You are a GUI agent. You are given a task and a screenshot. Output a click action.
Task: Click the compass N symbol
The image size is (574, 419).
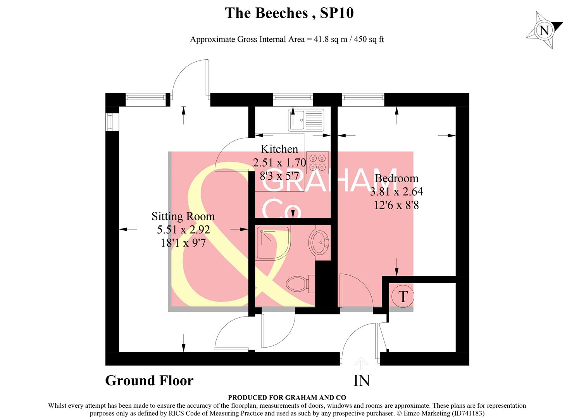click(x=544, y=30)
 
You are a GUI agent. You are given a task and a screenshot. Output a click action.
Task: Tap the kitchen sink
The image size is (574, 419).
click(x=305, y=119)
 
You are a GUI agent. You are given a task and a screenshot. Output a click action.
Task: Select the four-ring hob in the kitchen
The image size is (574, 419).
click(x=317, y=162)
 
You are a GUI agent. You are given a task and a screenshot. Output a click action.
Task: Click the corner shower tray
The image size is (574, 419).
click(x=272, y=243)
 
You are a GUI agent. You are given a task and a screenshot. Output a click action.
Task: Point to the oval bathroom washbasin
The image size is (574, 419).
click(x=319, y=242)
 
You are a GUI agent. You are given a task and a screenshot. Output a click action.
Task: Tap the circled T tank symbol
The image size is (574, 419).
click(x=403, y=296)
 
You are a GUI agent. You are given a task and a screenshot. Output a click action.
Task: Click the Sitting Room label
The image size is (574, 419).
click(x=183, y=216)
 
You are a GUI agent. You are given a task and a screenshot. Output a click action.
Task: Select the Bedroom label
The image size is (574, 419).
click(x=396, y=178)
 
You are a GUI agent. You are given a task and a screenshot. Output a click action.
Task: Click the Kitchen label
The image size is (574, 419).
click(x=279, y=149)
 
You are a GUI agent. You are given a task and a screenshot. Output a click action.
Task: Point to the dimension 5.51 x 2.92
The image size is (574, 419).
click(x=183, y=230)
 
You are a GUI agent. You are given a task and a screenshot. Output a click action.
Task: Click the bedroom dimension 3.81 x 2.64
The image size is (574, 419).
click(x=396, y=192)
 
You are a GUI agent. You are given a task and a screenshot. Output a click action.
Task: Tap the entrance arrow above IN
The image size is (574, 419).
click(x=361, y=364)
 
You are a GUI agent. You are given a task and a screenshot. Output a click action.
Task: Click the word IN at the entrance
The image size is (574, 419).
click(x=361, y=381)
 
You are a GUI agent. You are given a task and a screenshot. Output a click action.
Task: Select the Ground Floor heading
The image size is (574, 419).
click(x=149, y=381)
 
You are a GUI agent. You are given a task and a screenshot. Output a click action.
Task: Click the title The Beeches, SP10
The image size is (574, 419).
click(x=289, y=13)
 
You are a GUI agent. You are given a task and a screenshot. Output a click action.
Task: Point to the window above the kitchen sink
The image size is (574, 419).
click(x=293, y=99)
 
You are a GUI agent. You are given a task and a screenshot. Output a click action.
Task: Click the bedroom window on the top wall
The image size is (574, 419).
click(x=363, y=99)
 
